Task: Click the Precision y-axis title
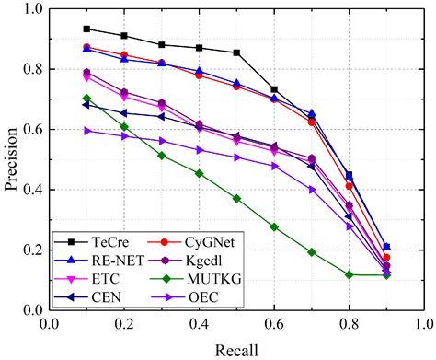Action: coord(11,159)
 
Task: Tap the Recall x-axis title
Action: coord(235,350)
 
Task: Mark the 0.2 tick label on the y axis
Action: coord(31,250)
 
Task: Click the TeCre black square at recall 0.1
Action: coord(86,29)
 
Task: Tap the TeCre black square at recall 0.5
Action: coord(236,52)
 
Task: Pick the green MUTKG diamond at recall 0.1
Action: coord(86,99)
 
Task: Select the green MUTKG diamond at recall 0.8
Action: coord(349,274)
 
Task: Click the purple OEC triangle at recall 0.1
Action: coord(86,131)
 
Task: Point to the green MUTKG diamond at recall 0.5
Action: coord(236,198)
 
